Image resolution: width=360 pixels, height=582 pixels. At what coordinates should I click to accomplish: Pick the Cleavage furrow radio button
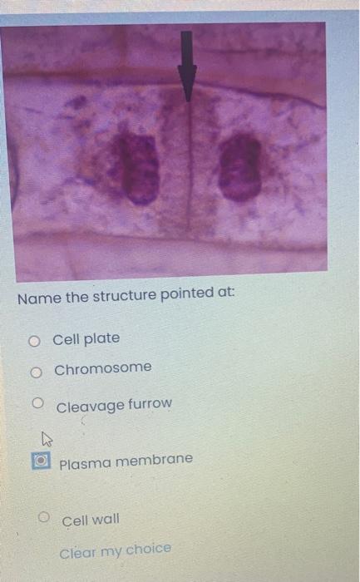pos(38,403)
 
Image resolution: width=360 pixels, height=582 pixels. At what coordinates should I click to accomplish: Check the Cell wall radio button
pos(46,518)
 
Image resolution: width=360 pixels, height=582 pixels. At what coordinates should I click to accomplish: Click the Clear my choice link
pos(115,550)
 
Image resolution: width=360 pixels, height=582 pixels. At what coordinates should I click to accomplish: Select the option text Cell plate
pos(86,338)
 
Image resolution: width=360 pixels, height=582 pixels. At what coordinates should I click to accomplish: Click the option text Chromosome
pos(103,367)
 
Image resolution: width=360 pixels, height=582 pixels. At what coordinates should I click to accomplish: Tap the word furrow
pos(150,403)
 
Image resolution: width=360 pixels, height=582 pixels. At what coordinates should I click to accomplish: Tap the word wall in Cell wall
pos(105,520)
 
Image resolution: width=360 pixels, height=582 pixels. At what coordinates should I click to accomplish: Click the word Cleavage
pos(90,406)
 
